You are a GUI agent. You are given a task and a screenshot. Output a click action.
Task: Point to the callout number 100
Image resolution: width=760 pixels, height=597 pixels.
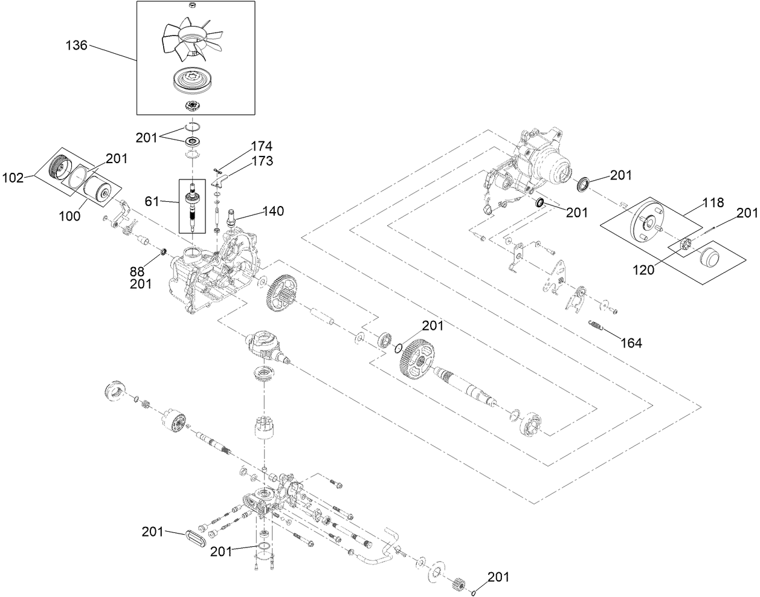(70, 215)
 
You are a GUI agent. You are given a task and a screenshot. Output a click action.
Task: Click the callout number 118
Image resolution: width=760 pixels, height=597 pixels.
(712, 203)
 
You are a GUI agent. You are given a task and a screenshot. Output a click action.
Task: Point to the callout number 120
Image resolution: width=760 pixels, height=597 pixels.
(643, 269)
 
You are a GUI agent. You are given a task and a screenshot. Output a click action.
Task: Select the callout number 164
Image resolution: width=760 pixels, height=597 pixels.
(630, 343)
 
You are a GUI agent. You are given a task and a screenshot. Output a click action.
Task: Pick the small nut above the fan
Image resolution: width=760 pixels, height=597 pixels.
(192, 6)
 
